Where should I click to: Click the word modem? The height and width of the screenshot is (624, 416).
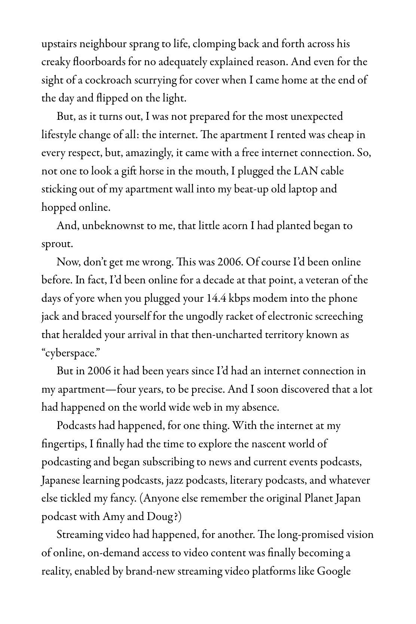coord(270,298)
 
